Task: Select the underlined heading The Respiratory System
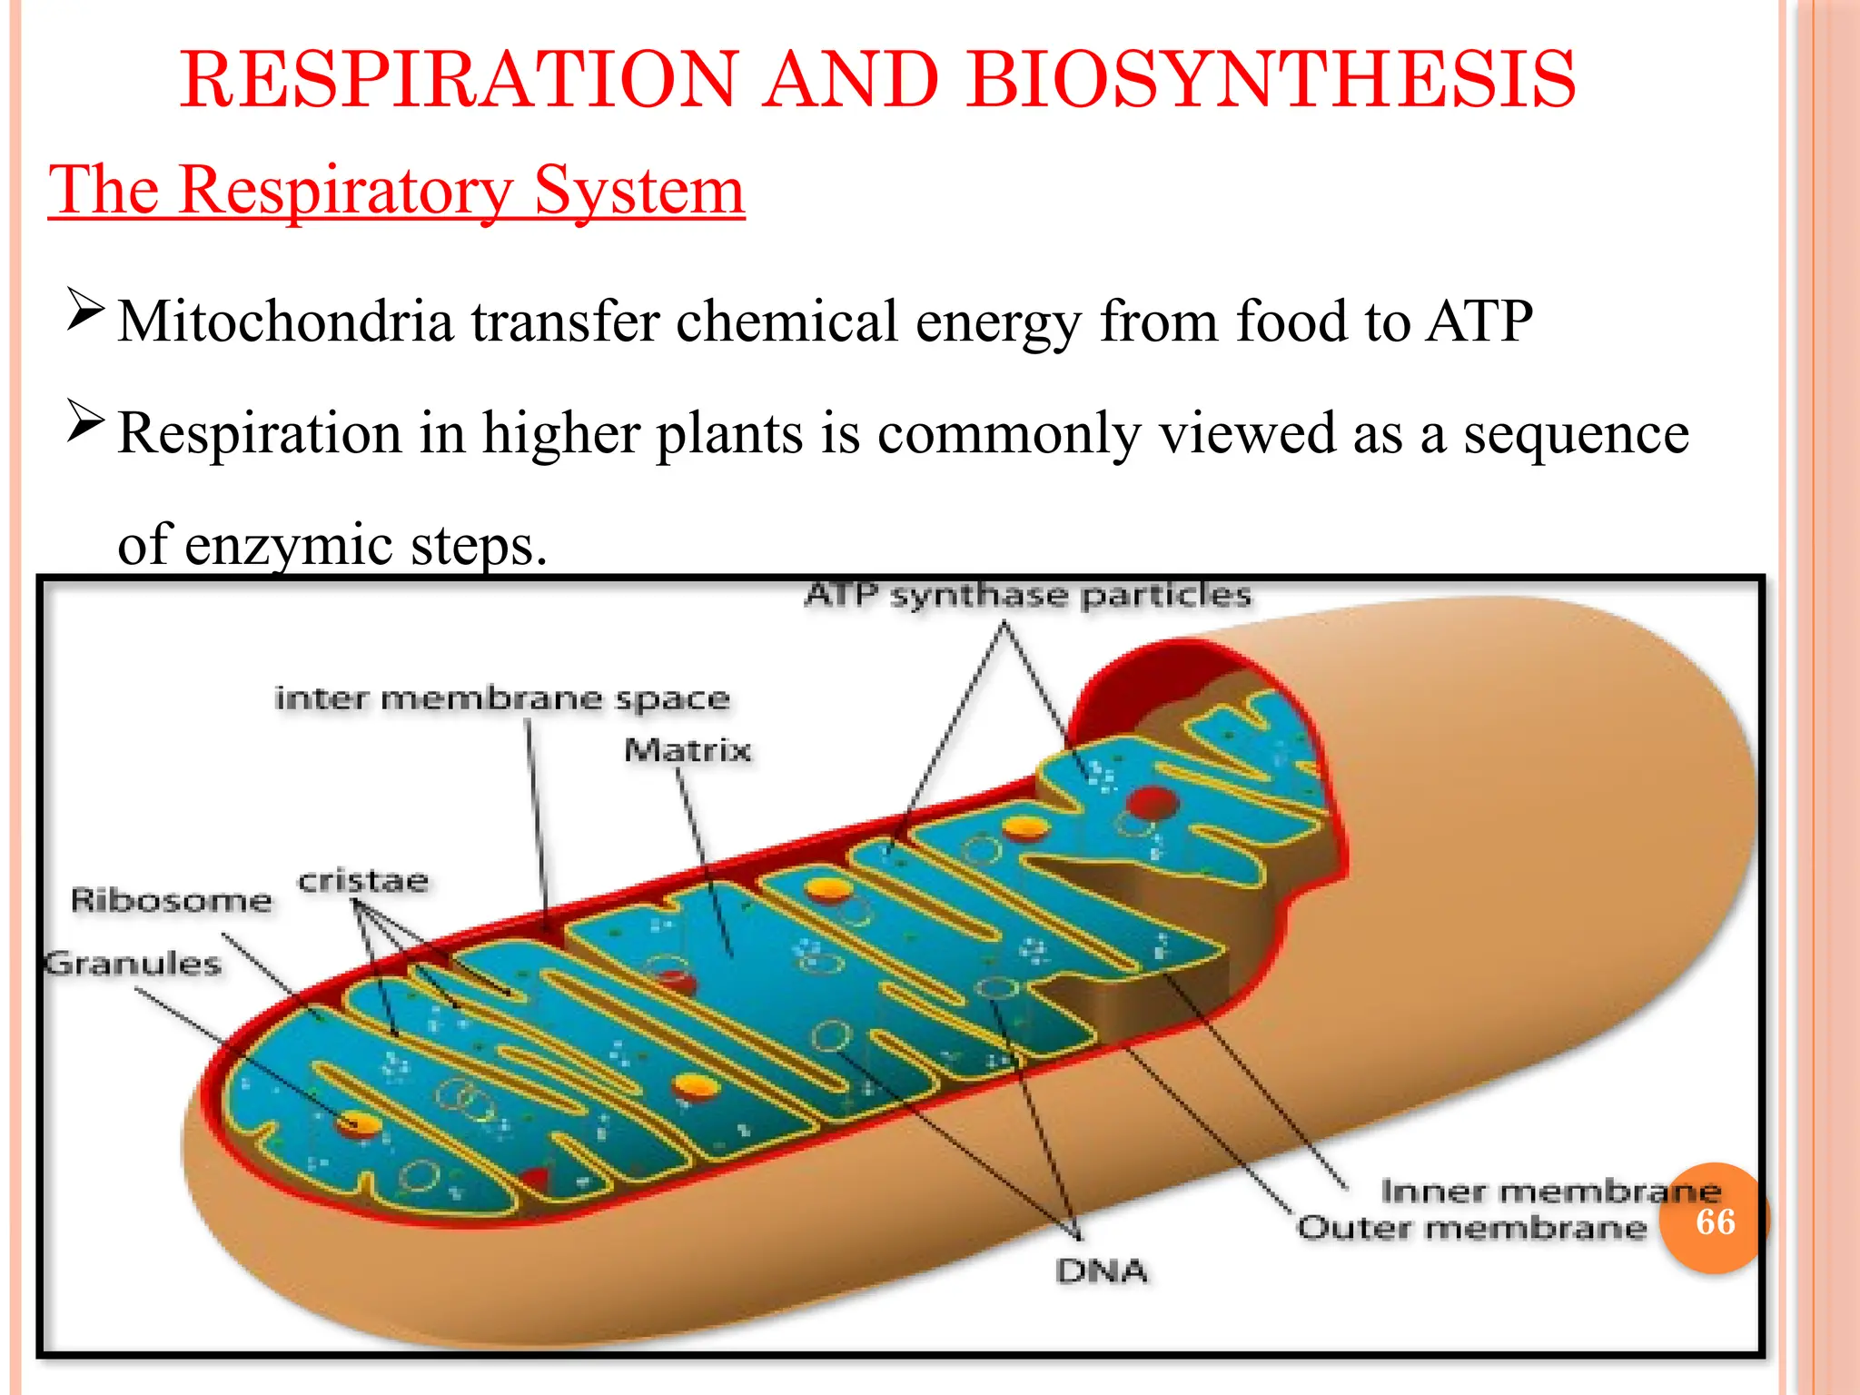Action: pyautogui.click(x=396, y=190)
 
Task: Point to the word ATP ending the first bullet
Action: pyautogui.click(x=1479, y=322)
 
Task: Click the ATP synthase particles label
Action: pyautogui.click(x=1028, y=596)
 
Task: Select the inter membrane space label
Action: pyautogui.click(x=502, y=698)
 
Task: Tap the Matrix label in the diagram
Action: pyautogui.click(x=688, y=750)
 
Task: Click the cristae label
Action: pyautogui.click(x=363, y=881)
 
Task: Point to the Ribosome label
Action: pyautogui.click(x=171, y=900)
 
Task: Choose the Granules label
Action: pyautogui.click(x=134, y=963)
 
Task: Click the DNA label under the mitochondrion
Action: pyautogui.click(x=1102, y=1271)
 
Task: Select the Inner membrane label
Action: pyautogui.click(x=1550, y=1191)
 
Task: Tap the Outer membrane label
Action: pyautogui.click(x=1471, y=1228)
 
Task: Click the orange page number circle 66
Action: pyautogui.click(x=1715, y=1221)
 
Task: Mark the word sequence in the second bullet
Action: pyautogui.click(x=1576, y=433)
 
